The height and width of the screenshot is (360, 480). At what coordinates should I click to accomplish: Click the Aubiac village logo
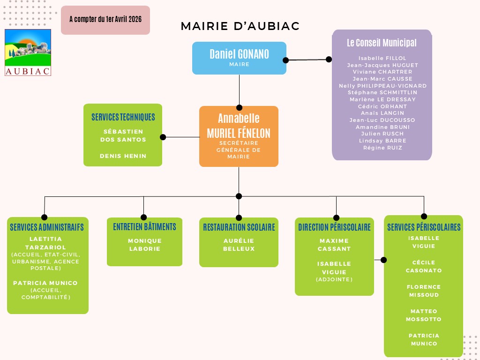point(28,52)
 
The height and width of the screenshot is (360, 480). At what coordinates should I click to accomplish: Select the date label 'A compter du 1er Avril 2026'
point(105,19)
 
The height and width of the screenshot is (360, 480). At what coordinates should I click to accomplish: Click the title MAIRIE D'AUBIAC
point(240,26)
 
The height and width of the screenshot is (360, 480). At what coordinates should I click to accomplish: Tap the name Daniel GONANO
point(240,54)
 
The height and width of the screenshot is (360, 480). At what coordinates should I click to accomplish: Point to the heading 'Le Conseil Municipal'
point(382,43)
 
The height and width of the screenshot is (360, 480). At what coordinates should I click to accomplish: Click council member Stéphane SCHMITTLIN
point(382,92)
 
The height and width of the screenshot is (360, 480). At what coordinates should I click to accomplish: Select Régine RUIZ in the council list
point(382,148)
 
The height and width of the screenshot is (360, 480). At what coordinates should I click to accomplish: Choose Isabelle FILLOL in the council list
point(382,58)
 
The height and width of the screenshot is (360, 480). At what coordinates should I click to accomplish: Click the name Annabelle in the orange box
point(239,118)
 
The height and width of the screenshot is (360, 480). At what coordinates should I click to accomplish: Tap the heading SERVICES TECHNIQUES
point(123,117)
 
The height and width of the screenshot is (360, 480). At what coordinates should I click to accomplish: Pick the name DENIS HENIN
point(123,156)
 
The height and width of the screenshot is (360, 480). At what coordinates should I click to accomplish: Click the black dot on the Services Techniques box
point(163,137)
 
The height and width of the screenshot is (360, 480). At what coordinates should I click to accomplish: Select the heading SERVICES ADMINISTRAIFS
point(47,227)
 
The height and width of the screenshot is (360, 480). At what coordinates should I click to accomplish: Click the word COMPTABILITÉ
point(46,297)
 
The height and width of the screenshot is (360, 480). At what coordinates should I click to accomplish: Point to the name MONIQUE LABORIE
point(145,245)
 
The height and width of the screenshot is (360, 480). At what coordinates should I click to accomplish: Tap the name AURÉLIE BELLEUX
point(239,245)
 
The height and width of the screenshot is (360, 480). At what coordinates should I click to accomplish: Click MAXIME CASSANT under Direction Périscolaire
point(334,245)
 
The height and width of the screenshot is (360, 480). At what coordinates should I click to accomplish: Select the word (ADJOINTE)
point(334,279)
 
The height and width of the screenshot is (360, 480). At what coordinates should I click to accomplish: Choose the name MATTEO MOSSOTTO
point(424,315)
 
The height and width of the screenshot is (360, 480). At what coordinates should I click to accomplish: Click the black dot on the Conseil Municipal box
point(329,60)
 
